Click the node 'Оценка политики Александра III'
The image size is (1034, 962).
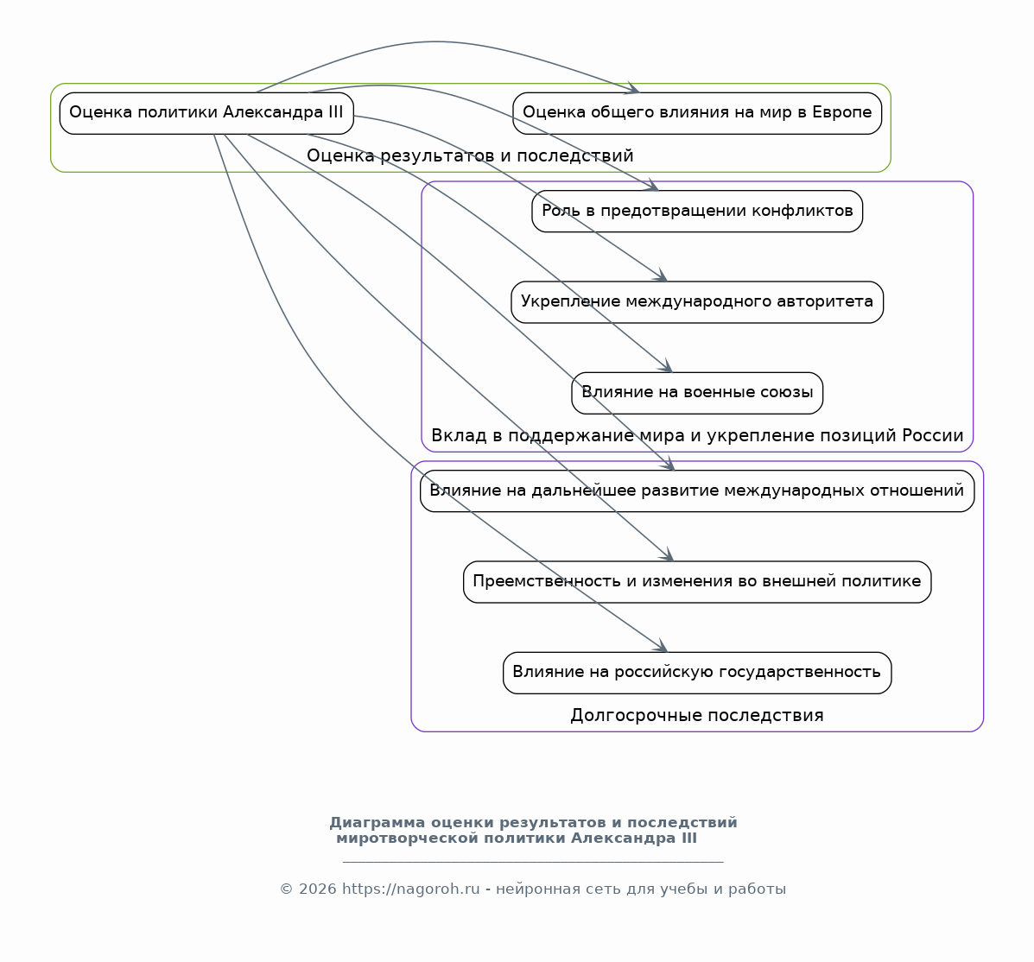[x=206, y=113]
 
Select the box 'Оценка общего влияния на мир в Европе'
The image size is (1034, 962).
[x=697, y=113]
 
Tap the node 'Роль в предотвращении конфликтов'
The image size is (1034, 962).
[x=697, y=211]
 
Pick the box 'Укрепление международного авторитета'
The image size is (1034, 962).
[x=697, y=302]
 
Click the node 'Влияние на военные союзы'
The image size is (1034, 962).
[x=697, y=393]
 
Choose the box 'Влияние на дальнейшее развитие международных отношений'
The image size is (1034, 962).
[x=697, y=490]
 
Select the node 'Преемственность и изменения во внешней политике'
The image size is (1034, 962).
[x=697, y=581]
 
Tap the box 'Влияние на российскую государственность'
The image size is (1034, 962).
[x=697, y=673]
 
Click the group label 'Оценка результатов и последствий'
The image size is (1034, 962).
[x=470, y=155]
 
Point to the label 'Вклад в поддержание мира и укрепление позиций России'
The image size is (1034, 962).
[x=697, y=436]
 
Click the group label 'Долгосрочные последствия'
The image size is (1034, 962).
[x=697, y=715]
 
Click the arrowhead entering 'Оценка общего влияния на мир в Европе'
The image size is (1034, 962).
[x=634, y=89]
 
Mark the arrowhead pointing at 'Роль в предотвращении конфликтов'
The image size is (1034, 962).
[x=652, y=186]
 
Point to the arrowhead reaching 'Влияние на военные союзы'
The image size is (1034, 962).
[x=666, y=367]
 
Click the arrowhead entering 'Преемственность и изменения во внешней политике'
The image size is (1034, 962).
[x=668, y=555]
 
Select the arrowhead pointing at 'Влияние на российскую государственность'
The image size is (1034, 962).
[x=662, y=647]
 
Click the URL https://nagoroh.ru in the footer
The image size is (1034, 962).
[x=411, y=889]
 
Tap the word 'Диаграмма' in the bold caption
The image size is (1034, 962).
[x=377, y=823]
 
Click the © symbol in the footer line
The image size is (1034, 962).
[x=286, y=889]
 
